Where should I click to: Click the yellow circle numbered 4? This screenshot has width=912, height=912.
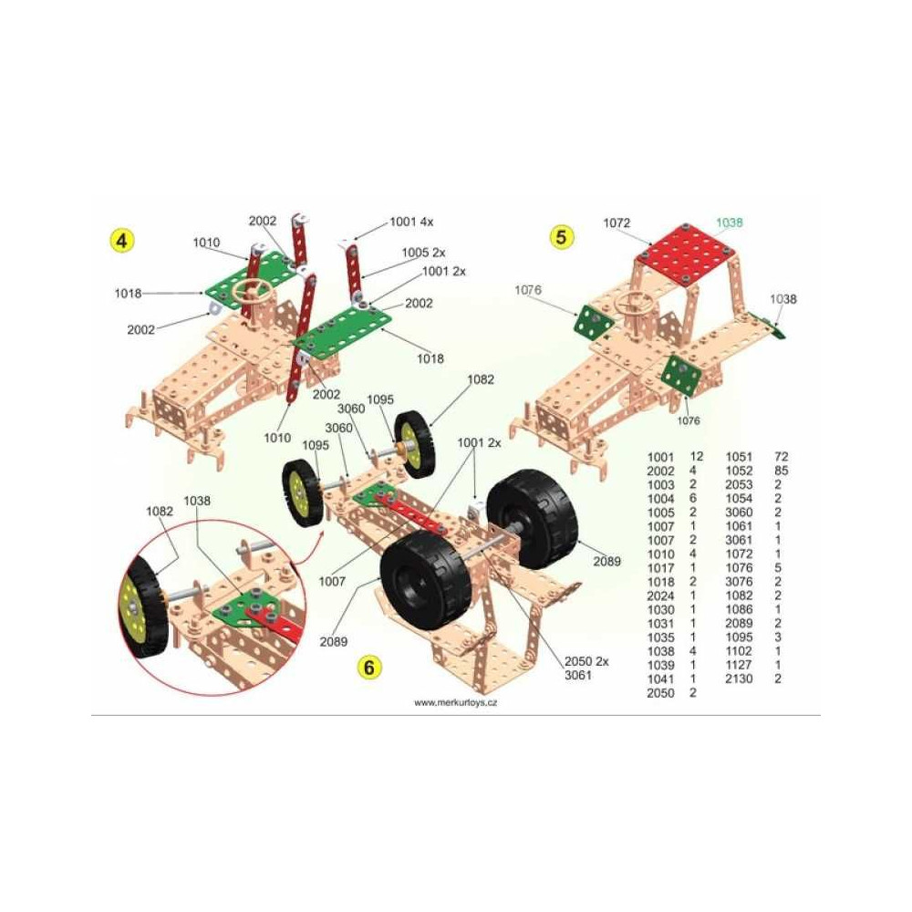pyautogui.click(x=121, y=240)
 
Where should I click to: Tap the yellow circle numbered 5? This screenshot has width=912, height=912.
pyautogui.click(x=561, y=237)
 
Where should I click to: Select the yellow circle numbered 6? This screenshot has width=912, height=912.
pyautogui.click(x=368, y=668)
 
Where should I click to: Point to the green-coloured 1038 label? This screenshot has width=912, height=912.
pyautogui.click(x=729, y=223)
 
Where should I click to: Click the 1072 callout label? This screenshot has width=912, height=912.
pyautogui.click(x=617, y=223)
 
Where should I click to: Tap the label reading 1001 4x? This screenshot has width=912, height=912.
pyautogui.click(x=411, y=222)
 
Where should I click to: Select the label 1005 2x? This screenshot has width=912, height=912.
pyautogui.click(x=423, y=253)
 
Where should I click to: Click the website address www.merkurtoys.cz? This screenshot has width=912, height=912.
pyautogui.click(x=455, y=702)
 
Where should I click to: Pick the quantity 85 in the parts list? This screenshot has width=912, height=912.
pyautogui.click(x=782, y=471)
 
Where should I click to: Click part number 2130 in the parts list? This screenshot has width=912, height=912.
pyautogui.click(x=739, y=679)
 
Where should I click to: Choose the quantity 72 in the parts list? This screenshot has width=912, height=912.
pyautogui.click(x=782, y=457)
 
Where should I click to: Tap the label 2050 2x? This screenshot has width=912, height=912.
pyautogui.click(x=586, y=661)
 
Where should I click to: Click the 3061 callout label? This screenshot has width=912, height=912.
pyautogui.click(x=578, y=675)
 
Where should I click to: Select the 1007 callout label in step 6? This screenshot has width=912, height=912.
pyautogui.click(x=332, y=581)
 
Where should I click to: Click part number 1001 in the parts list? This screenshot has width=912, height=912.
pyautogui.click(x=660, y=457)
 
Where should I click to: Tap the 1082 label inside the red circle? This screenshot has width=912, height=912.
pyautogui.click(x=160, y=511)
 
